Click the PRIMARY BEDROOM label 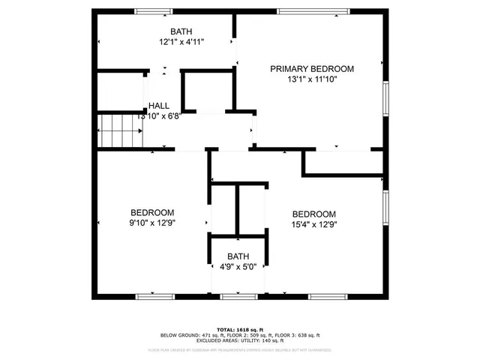click(x=311, y=68)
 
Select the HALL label click(x=159, y=106)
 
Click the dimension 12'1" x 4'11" click(x=181, y=42)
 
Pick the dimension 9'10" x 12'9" click(x=152, y=223)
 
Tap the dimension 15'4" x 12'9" click(x=313, y=223)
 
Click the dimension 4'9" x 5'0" click(x=238, y=267)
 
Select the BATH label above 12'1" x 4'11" click(x=181, y=31)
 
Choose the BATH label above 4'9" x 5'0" click(x=238, y=256)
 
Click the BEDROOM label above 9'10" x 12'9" click(x=152, y=212)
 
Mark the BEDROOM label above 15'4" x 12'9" click(x=313, y=213)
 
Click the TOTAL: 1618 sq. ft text click(x=239, y=329)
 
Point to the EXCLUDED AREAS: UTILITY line click(x=239, y=340)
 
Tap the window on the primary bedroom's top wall click(x=313, y=11)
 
